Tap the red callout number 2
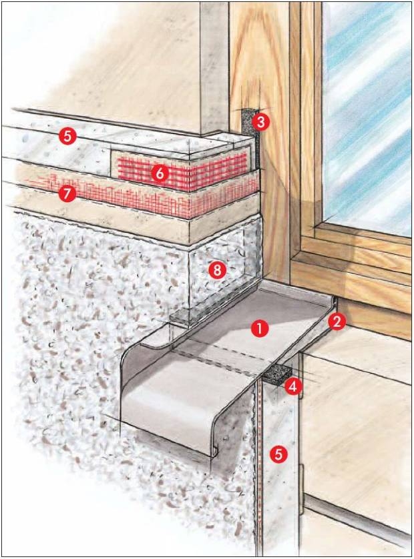point(337,322)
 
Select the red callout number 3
point(260,122)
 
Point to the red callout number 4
point(292,387)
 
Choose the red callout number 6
point(159,173)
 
